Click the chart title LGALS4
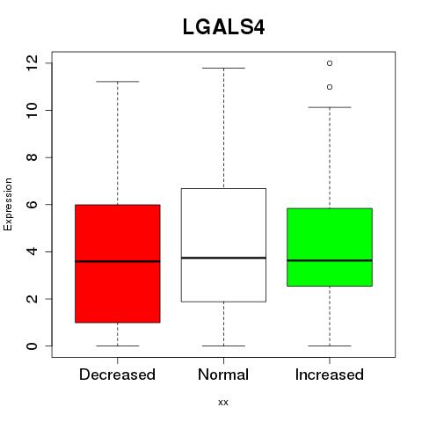(223, 27)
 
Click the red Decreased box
(118, 264)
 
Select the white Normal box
(223, 245)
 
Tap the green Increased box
(330, 247)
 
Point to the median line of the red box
(118, 261)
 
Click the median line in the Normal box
(223, 258)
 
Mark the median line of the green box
(330, 260)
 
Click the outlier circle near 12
(330, 63)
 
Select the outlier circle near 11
(330, 87)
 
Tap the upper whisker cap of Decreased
(118, 82)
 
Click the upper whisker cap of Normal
(223, 68)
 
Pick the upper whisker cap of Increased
(330, 107)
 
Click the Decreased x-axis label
(117, 375)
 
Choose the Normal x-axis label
(223, 375)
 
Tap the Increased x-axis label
(330, 375)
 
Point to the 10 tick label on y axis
(32, 110)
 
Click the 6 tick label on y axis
(32, 204)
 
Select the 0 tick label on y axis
(32, 346)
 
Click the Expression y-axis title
(8, 204)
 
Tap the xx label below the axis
(223, 403)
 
